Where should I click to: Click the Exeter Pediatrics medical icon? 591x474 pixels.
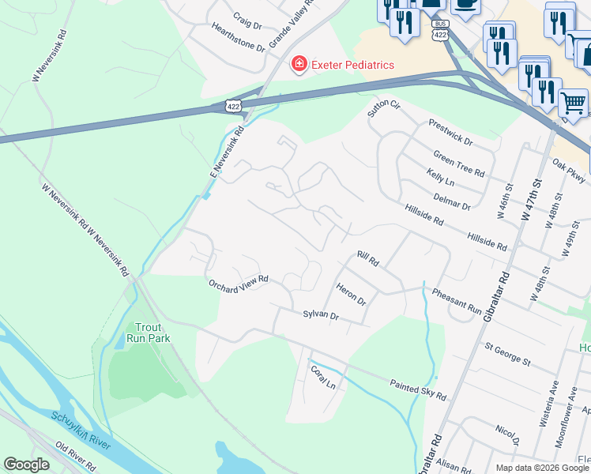[299, 64]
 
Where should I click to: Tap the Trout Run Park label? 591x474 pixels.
[149, 333]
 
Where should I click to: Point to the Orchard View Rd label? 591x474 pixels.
[238, 283]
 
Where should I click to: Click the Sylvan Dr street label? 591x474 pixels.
[321, 315]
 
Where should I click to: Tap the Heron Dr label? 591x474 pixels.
[352, 295]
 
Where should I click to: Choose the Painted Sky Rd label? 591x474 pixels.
[418, 389]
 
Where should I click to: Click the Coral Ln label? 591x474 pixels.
[323, 376]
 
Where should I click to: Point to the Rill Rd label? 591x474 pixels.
[368, 258]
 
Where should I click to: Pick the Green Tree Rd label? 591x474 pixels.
[458, 164]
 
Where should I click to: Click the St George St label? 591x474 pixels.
[507, 353]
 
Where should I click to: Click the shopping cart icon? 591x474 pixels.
[572, 103]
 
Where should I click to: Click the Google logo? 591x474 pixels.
[27, 464]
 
